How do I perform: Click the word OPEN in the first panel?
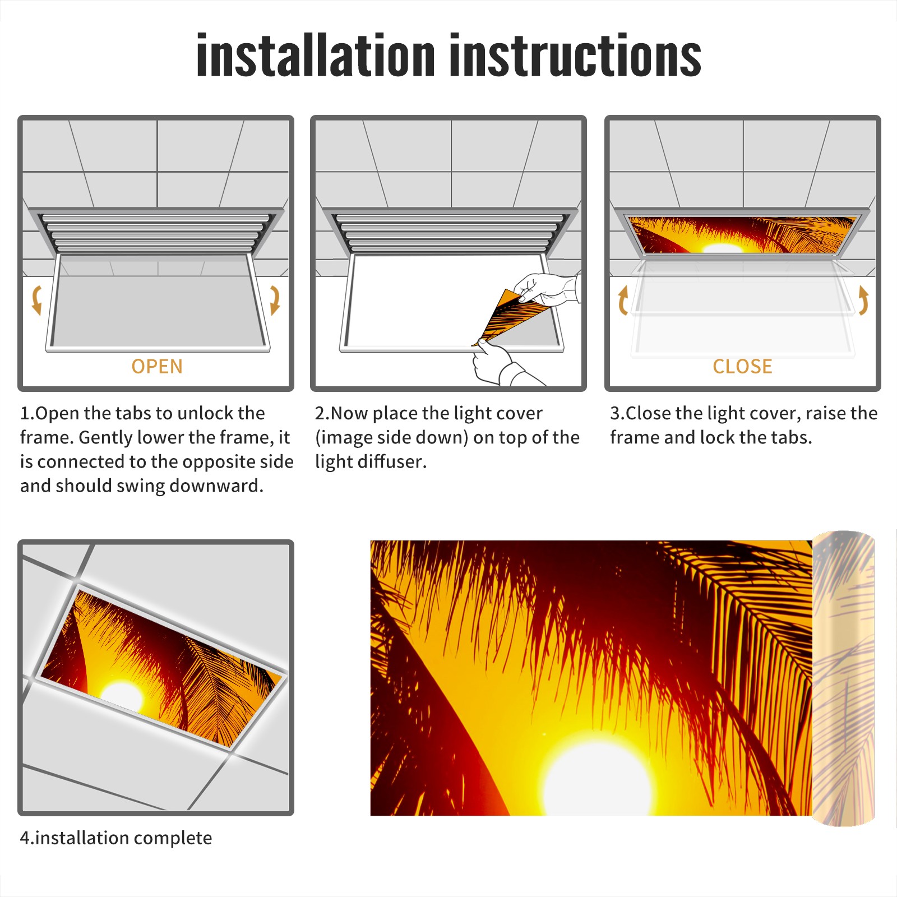point(157,367)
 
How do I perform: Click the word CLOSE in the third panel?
point(742,367)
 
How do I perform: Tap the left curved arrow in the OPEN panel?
point(37,300)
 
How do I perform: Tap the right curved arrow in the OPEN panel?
point(275,300)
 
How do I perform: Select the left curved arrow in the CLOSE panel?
point(622,300)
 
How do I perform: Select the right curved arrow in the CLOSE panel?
point(863,300)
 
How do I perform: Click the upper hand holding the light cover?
point(546,289)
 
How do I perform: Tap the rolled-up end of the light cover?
point(843,678)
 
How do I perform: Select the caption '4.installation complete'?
point(116,838)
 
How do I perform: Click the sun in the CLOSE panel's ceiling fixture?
point(722,248)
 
